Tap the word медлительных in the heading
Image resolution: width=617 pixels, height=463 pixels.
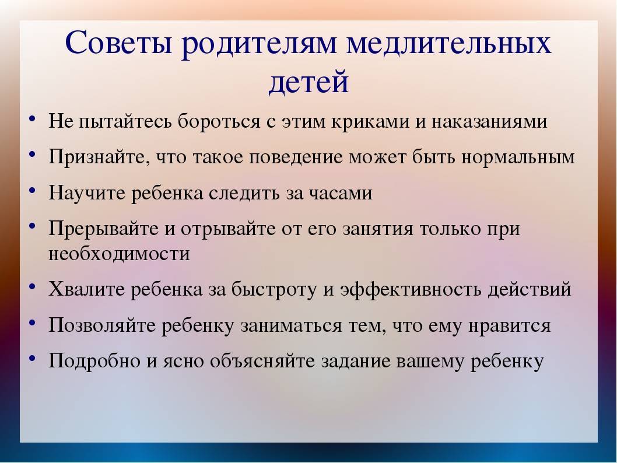[x=449, y=42]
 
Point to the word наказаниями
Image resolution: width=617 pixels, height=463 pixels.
[x=490, y=121]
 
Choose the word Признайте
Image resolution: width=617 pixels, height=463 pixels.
[x=99, y=156]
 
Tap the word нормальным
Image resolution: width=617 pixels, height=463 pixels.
[x=518, y=157]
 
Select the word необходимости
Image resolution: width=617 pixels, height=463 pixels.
[x=119, y=253]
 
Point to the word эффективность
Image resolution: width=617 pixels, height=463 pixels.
[x=411, y=289]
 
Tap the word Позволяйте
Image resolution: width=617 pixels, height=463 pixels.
[x=102, y=325]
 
